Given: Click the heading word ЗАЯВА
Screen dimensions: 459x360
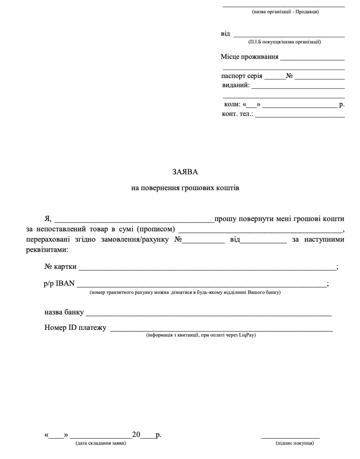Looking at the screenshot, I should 184,172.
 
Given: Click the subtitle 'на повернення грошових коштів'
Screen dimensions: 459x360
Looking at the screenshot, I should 185,188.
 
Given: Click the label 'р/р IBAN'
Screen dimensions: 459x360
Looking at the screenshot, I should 60,284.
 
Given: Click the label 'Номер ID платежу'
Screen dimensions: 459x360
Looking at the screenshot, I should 75,328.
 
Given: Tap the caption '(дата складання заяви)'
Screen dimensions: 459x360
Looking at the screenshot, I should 101,444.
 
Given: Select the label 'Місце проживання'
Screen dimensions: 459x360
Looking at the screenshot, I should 249,57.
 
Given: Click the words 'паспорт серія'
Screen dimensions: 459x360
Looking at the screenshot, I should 242,76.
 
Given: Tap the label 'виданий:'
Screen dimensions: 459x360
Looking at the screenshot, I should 236,85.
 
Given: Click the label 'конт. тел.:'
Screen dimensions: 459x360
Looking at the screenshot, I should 237,114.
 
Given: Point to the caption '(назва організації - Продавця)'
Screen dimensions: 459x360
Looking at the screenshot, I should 285,12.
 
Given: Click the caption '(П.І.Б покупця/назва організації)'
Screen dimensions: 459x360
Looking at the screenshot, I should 285,42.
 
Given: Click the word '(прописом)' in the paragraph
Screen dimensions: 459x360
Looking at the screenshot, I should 155,230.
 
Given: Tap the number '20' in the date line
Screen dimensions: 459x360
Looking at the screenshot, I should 137,435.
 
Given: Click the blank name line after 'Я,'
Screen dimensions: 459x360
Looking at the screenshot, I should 134,220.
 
